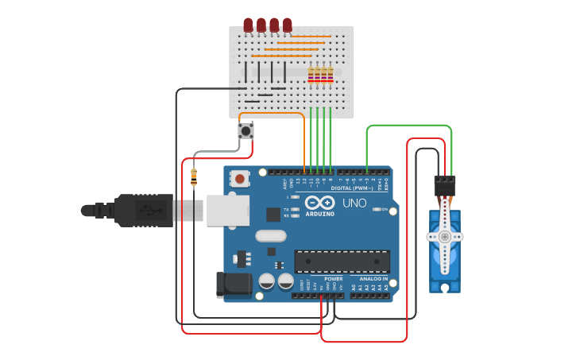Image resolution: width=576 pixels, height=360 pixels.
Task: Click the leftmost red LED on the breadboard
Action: (248, 25)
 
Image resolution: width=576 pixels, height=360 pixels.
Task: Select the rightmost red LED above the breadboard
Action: (287, 25)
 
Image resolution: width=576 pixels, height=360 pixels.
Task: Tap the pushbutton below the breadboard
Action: (246, 130)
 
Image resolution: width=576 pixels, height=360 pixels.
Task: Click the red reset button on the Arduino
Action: (240, 179)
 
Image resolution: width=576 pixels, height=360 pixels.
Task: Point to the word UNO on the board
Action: (354, 203)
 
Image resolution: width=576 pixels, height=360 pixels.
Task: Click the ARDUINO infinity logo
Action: (319, 203)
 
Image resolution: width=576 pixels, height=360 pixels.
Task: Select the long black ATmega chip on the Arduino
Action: (342, 261)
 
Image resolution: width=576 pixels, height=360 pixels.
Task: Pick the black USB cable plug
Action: (143, 211)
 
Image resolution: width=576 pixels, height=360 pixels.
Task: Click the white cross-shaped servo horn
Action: (445, 236)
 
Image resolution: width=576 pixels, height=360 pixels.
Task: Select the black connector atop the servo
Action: (445, 186)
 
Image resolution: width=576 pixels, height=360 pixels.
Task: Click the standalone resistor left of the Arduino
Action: (194, 177)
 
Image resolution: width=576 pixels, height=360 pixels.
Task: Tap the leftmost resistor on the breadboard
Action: (311, 75)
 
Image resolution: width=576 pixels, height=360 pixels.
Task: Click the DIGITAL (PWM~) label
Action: (352, 188)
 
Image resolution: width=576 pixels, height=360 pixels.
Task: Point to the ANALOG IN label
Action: (373, 279)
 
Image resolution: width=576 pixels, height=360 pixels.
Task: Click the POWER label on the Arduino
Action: (334, 279)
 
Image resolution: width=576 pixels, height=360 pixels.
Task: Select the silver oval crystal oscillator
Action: (271, 235)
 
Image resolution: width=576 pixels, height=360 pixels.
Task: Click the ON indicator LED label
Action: (384, 209)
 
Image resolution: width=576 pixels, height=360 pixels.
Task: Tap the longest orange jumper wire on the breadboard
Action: (281, 56)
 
